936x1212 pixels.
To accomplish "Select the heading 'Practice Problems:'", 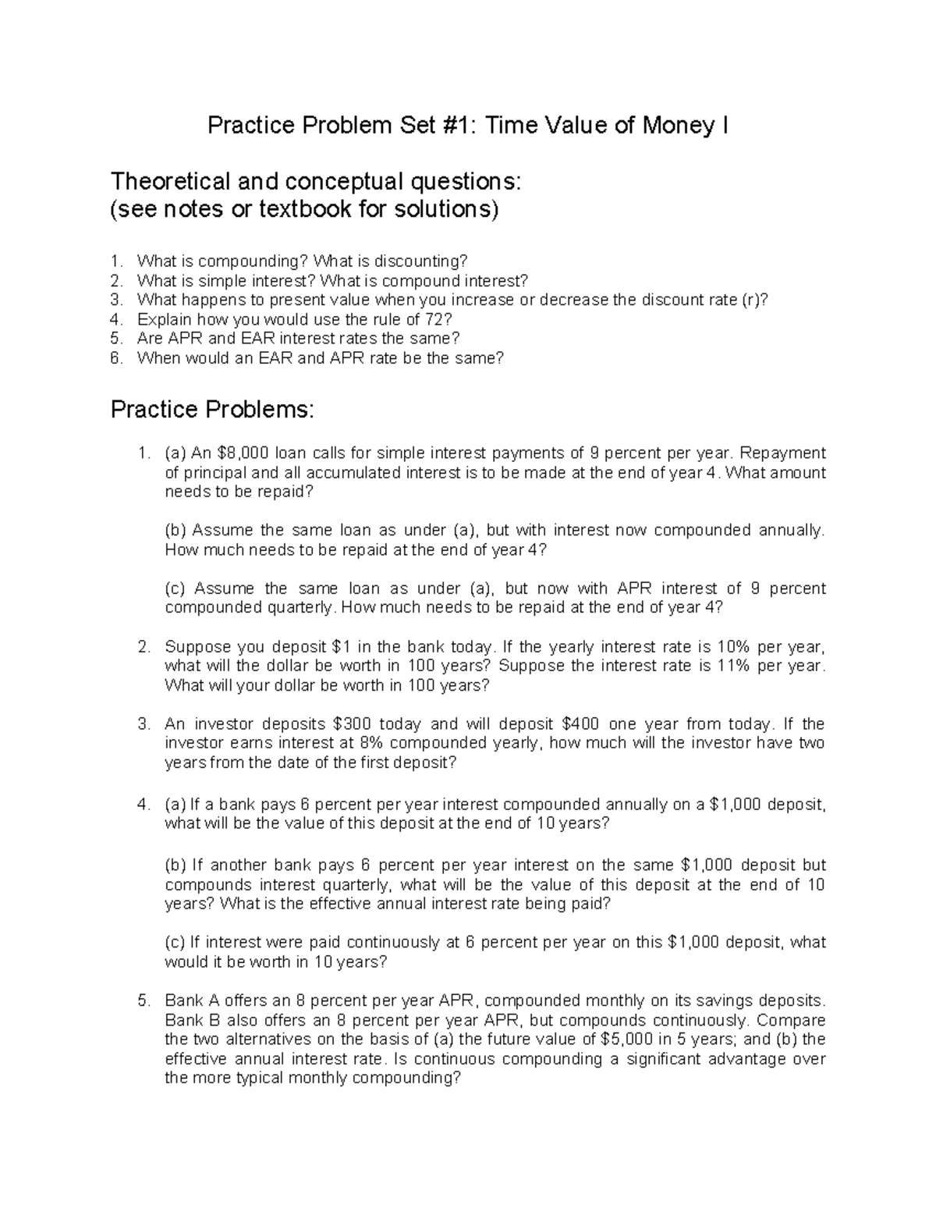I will point(212,409).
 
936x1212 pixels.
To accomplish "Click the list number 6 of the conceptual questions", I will point(116,358).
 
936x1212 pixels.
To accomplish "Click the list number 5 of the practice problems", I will point(143,1001).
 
